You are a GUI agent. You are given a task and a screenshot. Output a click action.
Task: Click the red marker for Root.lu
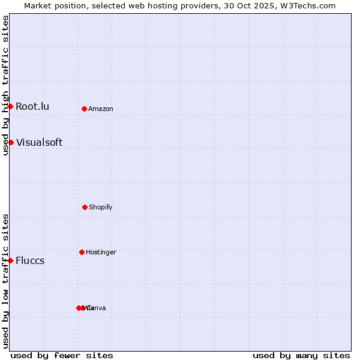tap(10, 106)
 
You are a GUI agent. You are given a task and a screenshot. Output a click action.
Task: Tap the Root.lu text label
tap(32, 107)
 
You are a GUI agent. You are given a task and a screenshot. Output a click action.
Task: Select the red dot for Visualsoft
tap(11, 142)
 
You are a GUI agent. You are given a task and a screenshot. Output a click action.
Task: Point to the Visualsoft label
tap(39, 143)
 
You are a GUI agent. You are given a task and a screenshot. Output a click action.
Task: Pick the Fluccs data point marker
tap(10, 260)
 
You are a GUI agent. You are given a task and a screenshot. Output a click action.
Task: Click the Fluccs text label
tap(30, 261)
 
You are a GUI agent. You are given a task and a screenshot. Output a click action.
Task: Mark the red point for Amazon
tap(84, 109)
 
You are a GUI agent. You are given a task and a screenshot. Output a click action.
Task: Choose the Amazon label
tap(101, 109)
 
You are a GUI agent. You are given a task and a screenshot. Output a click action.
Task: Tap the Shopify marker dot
tap(85, 207)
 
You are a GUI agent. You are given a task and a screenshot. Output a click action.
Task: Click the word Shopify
tap(101, 208)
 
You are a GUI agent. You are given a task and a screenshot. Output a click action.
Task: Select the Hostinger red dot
tap(82, 252)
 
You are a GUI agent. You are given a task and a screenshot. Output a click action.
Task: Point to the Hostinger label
tap(101, 253)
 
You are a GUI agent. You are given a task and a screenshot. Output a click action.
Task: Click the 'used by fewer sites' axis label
tap(62, 355)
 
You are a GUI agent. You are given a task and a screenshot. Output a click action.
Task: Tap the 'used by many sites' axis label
tap(301, 355)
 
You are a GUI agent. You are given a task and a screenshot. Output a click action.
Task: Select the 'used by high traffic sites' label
tap(5, 86)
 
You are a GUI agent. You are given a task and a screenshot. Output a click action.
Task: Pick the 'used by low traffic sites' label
tap(5, 281)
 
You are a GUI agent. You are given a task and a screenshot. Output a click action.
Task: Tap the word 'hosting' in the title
tap(158, 6)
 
